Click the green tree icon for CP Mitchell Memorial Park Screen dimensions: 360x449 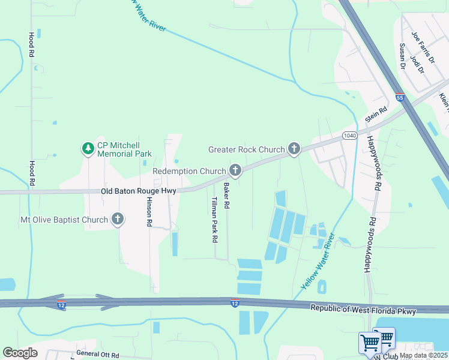tap(88, 148)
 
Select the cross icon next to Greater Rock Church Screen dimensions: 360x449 tap(294, 149)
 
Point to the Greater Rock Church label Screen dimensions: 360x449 tap(246, 149)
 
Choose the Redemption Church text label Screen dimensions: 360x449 tap(189, 172)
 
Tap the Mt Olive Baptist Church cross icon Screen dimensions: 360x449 tap(118, 220)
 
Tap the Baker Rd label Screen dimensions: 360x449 tap(226, 196)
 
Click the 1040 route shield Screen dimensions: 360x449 tap(350, 136)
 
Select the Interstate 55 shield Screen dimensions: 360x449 tap(400, 97)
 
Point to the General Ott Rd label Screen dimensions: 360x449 tap(98, 354)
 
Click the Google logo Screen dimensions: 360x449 tap(20, 352)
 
